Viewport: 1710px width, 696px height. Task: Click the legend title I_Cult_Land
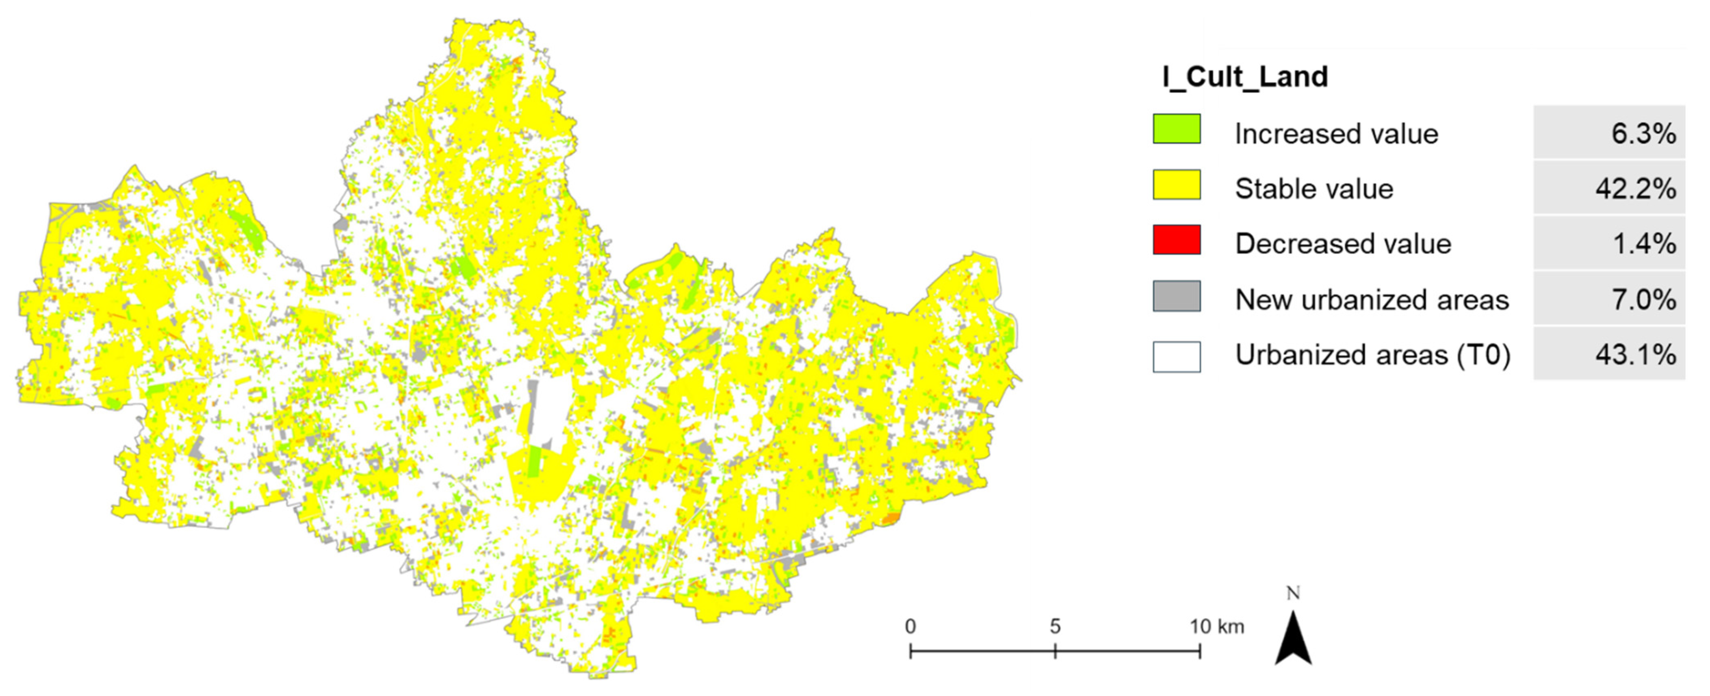tap(1245, 77)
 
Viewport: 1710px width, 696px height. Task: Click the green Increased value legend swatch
tap(1176, 129)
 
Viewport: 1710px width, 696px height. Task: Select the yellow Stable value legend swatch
tap(1176, 185)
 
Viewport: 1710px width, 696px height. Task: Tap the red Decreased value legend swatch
tap(1176, 240)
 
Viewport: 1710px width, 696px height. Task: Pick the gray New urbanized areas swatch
tap(1176, 296)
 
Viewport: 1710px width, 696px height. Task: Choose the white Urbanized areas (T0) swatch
tap(1176, 357)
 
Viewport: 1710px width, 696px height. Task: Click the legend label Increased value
tap(1335, 134)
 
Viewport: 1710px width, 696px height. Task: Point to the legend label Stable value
tap(1314, 189)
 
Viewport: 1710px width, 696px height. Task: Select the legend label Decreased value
tap(1343, 244)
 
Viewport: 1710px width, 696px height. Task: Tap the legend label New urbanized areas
tap(1372, 300)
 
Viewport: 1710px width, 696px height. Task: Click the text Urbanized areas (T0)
tap(1372, 355)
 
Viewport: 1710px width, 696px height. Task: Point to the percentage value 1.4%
tap(1644, 244)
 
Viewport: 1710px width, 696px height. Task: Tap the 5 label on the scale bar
tap(1055, 626)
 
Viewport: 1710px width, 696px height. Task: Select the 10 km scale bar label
tap(1216, 626)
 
